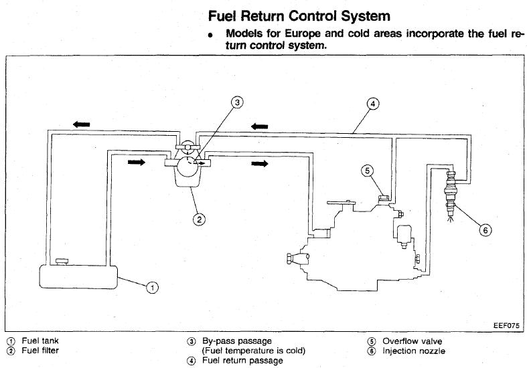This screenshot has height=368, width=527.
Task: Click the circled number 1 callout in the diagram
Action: click(x=152, y=288)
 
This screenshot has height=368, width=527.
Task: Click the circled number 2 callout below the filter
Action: click(x=199, y=217)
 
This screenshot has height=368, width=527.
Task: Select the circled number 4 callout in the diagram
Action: click(x=373, y=104)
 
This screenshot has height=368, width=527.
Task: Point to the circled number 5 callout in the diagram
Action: click(x=367, y=170)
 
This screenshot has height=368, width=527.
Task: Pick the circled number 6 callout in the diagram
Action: click(x=486, y=230)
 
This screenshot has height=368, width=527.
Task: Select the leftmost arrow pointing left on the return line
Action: click(x=82, y=124)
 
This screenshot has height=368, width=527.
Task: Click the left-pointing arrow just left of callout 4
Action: click(x=259, y=125)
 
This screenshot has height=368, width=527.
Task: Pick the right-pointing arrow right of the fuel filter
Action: click(x=260, y=163)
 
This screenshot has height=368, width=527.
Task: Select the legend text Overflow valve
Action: click(x=412, y=341)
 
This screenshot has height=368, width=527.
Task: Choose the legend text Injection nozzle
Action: click(x=414, y=351)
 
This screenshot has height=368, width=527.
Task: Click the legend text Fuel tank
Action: click(x=40, y=341)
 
